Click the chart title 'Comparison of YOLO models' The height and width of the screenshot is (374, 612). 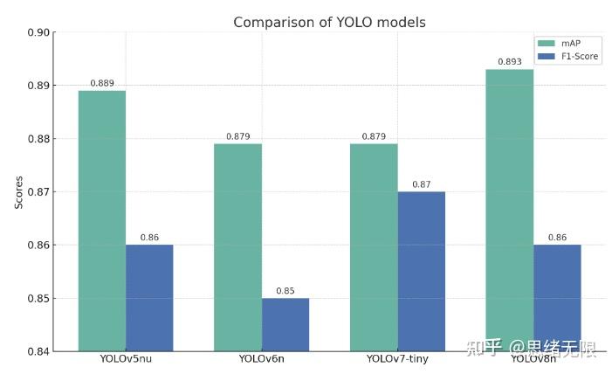329,22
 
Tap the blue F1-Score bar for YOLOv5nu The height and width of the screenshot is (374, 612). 149,298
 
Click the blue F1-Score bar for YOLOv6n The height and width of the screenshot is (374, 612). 285,324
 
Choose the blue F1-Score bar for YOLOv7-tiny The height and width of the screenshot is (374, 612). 422,271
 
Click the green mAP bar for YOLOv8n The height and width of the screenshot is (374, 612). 510,210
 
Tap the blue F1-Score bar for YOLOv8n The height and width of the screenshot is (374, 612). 557,298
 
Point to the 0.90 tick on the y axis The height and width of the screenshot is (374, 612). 38,32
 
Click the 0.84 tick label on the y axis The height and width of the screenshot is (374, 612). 38,351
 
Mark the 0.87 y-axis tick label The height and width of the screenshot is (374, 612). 38,192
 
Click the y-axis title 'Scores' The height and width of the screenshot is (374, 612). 18,192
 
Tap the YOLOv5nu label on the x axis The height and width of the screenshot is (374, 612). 126,360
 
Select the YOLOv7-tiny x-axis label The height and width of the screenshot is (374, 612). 397,360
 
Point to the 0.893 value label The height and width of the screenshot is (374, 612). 510,62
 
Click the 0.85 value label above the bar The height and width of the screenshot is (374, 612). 285,291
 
